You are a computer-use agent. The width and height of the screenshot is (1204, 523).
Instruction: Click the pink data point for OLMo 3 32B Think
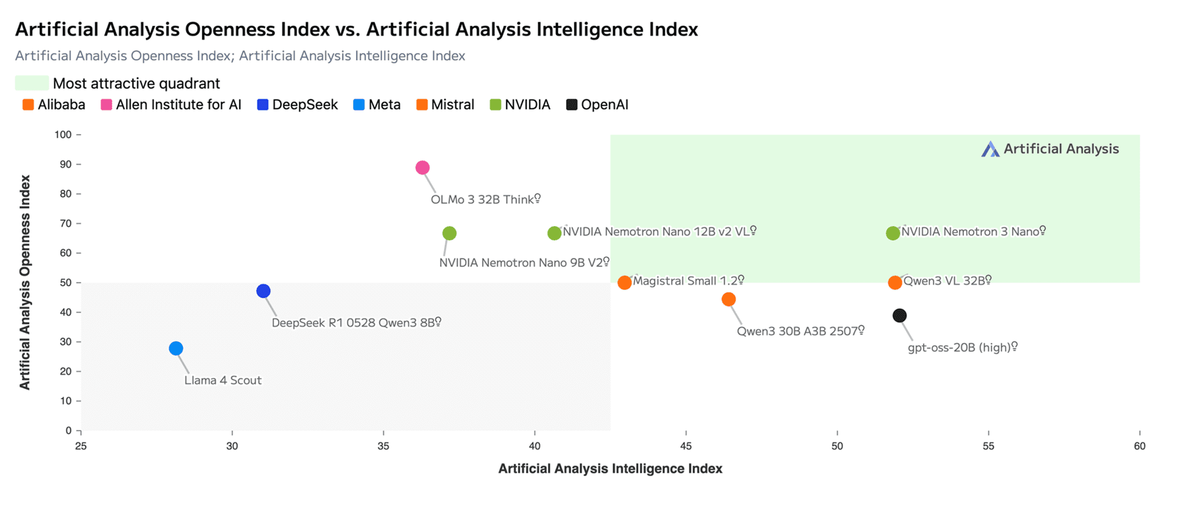click(422, 167)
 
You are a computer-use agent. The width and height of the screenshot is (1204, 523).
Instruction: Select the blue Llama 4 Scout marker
click(176, 348)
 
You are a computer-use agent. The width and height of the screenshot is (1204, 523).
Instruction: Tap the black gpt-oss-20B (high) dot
click(899, 316)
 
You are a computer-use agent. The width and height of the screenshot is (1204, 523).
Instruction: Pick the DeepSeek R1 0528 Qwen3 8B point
click(263, 291)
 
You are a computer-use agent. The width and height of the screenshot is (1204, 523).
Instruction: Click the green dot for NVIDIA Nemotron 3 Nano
click(893, 233)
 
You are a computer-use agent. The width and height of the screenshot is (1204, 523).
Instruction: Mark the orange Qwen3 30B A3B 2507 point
click(728, 299)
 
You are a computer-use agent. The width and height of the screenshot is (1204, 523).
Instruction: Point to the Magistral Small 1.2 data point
click(624, 283)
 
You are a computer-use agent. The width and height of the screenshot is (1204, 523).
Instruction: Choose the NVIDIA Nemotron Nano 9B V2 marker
click(449, 233)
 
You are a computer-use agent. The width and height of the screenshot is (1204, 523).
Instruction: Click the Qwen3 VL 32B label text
click(944, 281)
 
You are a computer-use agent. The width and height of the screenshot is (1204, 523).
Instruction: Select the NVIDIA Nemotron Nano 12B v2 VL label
click(656, 232)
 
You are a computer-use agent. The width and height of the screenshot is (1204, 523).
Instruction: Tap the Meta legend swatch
click(359, 105)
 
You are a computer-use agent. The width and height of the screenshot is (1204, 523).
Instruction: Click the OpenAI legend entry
click(597, 105)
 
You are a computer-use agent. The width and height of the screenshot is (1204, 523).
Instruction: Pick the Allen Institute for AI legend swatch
click(106, 105)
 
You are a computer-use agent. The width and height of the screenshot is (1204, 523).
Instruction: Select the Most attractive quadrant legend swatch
click(32, 83)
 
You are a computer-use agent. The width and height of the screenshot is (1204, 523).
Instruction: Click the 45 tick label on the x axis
click(686, 446)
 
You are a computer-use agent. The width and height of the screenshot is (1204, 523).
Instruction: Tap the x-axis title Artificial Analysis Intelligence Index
click(610, 468)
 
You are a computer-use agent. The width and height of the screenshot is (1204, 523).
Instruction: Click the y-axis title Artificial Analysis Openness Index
click(25, 282)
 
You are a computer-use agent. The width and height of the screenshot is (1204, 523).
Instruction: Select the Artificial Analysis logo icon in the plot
click(991, 149)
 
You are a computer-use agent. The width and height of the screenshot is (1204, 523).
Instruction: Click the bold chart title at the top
click(356, 29)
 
